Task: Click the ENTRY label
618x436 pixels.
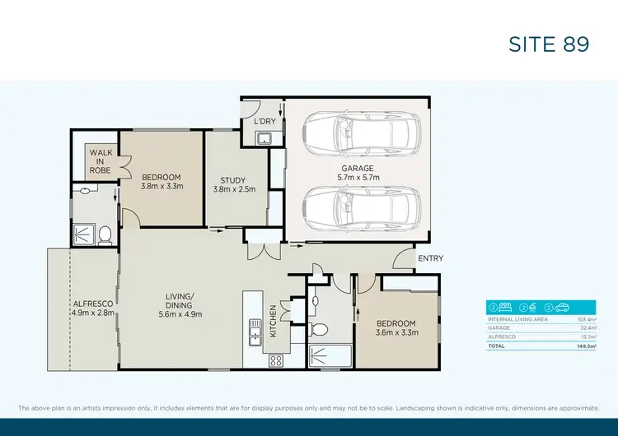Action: pos(430,258)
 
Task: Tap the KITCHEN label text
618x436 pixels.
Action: pos(274,321)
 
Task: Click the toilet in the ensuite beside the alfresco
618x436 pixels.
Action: pos(105,236)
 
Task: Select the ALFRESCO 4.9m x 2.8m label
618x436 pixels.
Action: pos(91,308)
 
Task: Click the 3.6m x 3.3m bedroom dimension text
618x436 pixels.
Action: pos(397,333)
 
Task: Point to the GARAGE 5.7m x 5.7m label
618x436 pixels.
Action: pos(358,173)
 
